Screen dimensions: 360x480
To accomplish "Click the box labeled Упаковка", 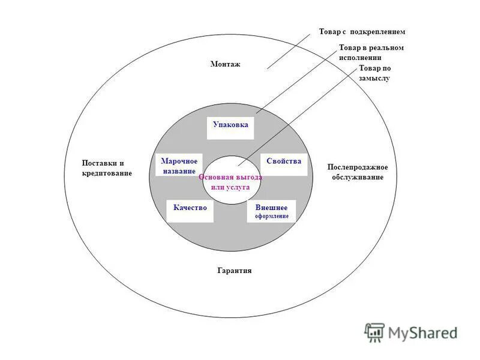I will tap(230, 127).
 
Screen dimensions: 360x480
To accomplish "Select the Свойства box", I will tap(284, 164).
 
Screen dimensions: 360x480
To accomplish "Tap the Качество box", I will tap(190, 209).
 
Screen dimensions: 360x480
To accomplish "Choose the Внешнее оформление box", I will tap(271, 211).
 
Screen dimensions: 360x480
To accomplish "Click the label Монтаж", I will tap(225, 64).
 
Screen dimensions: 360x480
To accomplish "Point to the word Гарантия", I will tap(234, 271).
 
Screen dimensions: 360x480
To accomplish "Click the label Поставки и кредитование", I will tap(106, 168).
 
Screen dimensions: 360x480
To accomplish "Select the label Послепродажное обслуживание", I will tap(358, 172).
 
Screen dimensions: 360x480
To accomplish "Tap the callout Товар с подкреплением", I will tap(362, 31).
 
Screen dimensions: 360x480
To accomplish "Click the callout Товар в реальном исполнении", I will tap(371, 52).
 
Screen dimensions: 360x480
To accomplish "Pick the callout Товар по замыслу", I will tap(374, 73).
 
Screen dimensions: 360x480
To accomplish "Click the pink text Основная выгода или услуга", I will tap(230, 182).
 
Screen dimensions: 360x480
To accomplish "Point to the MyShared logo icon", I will tap(374, 332).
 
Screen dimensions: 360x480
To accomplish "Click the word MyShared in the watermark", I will tap(422, 333).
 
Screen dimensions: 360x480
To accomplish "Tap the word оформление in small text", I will tap(272, 216).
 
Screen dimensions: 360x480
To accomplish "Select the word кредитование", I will tap(107, 173).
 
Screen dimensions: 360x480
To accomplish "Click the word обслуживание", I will tap(357, 177).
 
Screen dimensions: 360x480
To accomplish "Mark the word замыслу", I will tap(374, 78).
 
